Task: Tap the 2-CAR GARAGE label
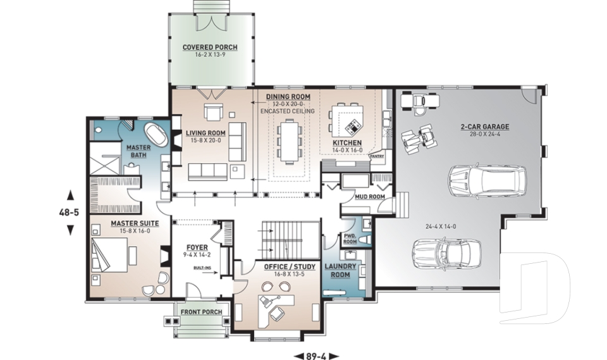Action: (485, 127)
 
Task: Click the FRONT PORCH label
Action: (199, 313)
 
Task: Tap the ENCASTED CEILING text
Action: (286, 111)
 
